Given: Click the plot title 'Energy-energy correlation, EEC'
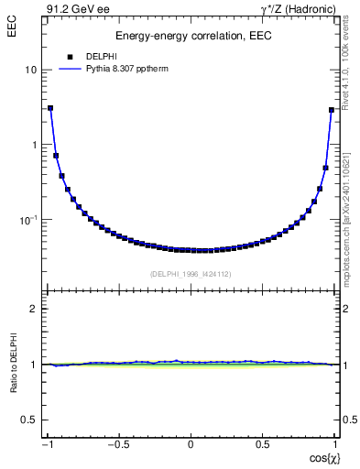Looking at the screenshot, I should [x=191, y=36].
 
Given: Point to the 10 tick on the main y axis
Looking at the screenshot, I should [x=30, y=71].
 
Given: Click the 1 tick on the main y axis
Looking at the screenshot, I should [x=34, y=146].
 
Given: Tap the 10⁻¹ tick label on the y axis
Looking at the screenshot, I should [x=28, y=220].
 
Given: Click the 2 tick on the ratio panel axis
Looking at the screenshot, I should [x=34, y=309].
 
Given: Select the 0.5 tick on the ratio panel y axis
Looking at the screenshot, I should [x=29, y=420].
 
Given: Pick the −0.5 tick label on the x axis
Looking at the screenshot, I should [x=117, y=446].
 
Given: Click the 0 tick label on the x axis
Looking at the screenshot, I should [x=191, y=446].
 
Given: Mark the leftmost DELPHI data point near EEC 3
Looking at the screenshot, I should [x=50, y=108].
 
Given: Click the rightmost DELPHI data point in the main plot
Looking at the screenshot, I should [x=331, y=110].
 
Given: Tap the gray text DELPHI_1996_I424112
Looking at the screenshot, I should [x=190, y=273].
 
